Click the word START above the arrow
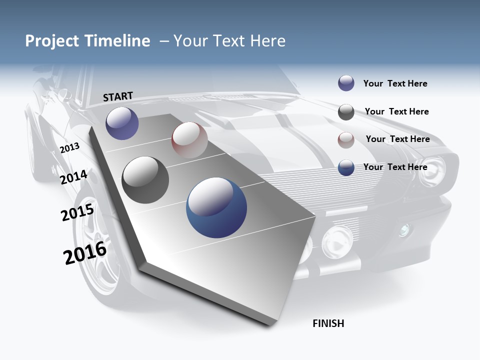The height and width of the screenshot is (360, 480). point(118,96)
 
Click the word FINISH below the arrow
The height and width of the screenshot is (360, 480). point(328,323)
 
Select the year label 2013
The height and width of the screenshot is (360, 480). point(70,147)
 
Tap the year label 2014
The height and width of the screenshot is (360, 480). point(74,177)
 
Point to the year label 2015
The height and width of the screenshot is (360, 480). point(77,212)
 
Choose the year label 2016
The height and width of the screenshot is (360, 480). point(85,252)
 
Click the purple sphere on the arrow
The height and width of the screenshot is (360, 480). point(122,123)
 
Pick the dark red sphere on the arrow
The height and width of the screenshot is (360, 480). point(189,139)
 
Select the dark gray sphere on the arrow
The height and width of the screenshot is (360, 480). point(145,180)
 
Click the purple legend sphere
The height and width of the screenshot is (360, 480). point(346,83)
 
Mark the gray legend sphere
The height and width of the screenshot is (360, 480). point(346,112)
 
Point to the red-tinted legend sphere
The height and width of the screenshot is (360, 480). point(346,140)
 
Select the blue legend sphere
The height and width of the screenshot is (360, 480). point(346,168)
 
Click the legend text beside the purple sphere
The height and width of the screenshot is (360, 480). point(395,83)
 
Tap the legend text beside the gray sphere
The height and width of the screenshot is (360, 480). point(396,111)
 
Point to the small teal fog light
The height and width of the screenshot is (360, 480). point(403,230)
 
